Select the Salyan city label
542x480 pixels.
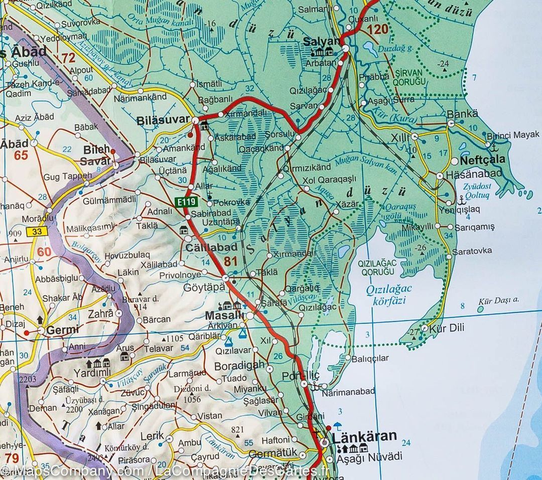coord(321,41)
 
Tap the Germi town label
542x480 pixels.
coord(62,330)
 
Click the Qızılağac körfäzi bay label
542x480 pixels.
coord(388,294)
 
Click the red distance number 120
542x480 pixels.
coord(377,29)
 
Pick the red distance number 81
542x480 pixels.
coord(230,261)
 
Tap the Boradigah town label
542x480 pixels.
coord(239,365)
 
